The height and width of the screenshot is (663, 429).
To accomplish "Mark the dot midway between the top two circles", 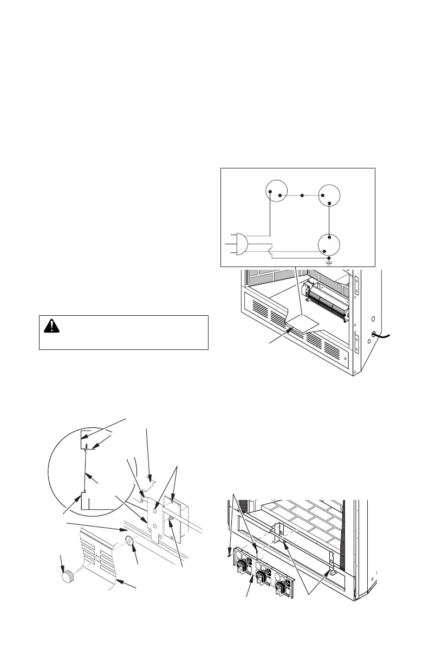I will [x=309, y=194].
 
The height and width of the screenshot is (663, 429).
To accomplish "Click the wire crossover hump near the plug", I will [x=272, y=250].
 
